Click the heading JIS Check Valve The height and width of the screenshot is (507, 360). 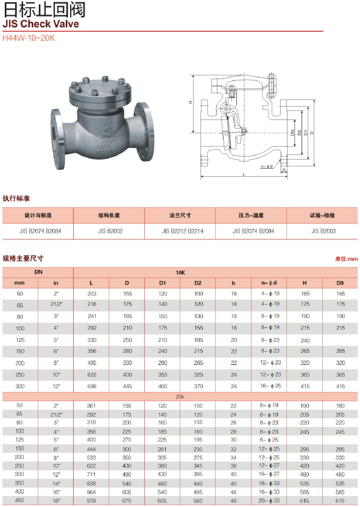coord(41,24)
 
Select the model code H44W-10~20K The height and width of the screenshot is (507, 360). coord(29,38)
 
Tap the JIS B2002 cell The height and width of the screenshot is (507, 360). coord(110,231)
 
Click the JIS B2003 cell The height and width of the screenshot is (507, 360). coord(323,231)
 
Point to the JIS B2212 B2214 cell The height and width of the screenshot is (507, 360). coord(183,231)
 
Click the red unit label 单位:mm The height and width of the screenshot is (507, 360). coord(347,258)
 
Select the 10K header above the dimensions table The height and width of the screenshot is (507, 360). coord(180,272)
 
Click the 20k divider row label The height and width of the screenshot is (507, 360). coord(180,397)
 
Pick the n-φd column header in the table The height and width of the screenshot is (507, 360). coord(269,283)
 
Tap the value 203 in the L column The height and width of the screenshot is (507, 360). coord(92,294)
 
